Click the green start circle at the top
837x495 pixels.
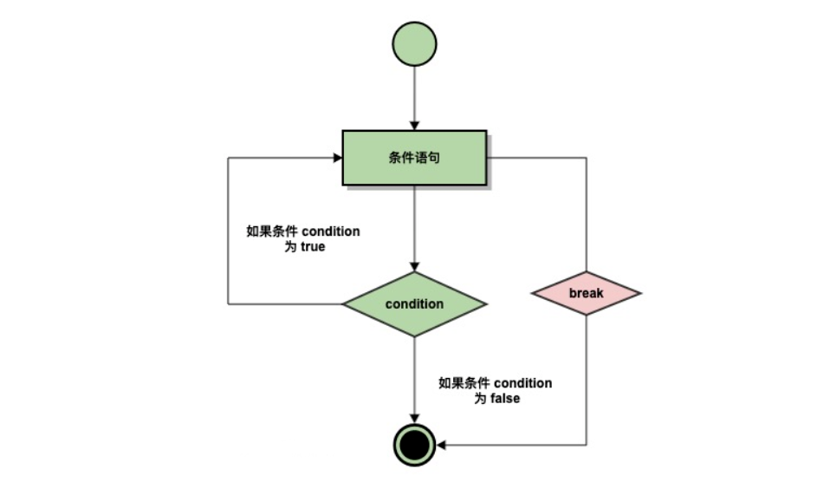pos(414,43)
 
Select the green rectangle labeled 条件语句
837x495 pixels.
pos(414,158)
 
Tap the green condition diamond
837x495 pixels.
pos(414,303)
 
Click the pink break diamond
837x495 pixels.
pos(586,293)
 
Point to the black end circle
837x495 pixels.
pos(414,446)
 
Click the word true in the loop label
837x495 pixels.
pos(313,247)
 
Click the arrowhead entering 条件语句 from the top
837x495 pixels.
pos(414,125)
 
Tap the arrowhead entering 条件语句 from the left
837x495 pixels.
pos(337,158)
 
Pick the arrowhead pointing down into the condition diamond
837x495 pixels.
pos(414,265)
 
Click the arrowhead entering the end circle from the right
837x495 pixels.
pos(441,446)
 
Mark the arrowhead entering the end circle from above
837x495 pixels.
pos(414,419)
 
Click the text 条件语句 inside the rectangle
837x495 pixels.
pos(414,158)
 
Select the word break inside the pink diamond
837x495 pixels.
pos(586,293)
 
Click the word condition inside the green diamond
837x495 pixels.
pos(414,304)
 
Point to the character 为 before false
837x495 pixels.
pos(479,399)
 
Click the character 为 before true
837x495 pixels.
pos(290,247)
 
